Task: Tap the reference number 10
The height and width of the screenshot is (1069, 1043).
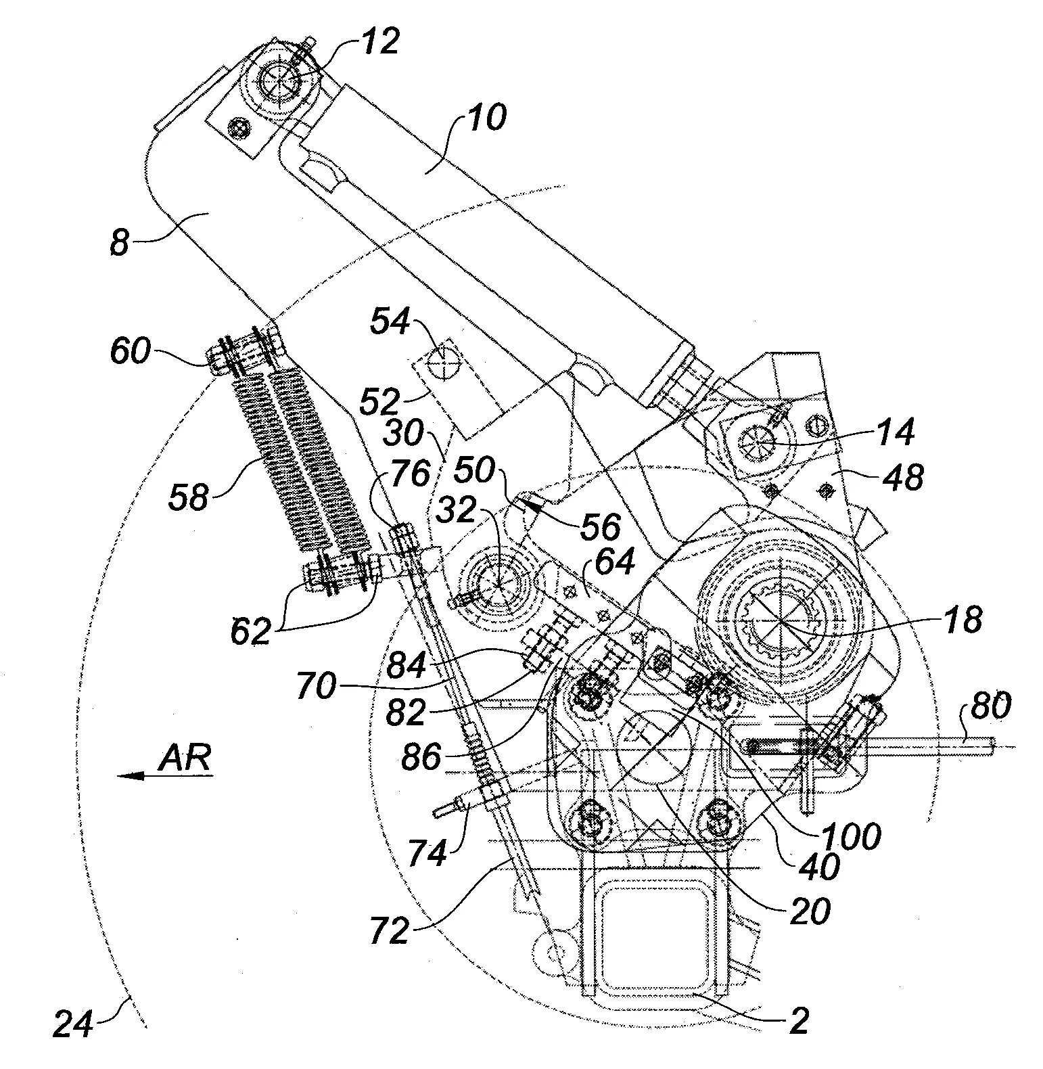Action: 483,119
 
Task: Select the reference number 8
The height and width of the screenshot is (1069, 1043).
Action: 119,242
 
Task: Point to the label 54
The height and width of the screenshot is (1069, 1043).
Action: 390,323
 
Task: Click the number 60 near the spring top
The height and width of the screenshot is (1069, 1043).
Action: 131,352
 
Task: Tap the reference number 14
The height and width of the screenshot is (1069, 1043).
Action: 893,431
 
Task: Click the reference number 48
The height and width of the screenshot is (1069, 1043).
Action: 902,478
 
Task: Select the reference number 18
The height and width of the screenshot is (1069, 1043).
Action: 961,619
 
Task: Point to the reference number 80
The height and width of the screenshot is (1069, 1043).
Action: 991,706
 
